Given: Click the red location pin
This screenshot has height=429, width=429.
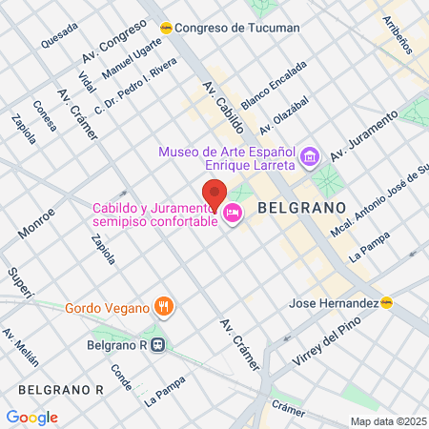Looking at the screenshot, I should point(214,195).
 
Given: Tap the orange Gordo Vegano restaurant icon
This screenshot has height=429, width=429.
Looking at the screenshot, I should point(164,307).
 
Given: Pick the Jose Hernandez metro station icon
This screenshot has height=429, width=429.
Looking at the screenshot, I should point(386,303).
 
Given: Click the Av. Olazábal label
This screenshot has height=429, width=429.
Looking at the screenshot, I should point(285,114).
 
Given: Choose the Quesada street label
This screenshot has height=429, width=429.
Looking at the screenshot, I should point(59,35).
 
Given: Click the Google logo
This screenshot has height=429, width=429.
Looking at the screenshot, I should point(31,417).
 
